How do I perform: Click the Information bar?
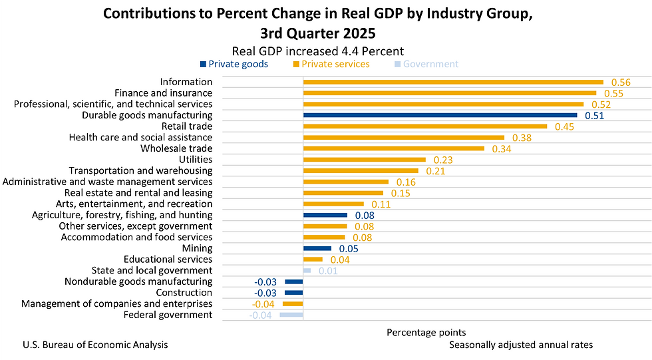pos(453,82)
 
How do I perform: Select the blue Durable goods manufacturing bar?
pos(440,115)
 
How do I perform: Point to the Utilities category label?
pos(196,160)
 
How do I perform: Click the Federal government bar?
pos(291,315)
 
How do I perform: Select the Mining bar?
pos(317,248)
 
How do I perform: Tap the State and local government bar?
pos(307,270)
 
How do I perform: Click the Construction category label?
pos(184,293)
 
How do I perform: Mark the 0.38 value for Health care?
pos(522,138)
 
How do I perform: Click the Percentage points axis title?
pos(426,332)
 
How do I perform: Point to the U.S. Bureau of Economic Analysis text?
pos(95,345)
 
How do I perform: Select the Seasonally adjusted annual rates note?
pos(520,345)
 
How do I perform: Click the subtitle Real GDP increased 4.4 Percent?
pos(317,51)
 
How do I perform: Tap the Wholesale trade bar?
pos(393,148)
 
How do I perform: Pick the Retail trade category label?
pos(187,126)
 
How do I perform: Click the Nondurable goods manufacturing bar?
pos(293,281)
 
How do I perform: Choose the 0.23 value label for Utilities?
pos(443,160)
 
